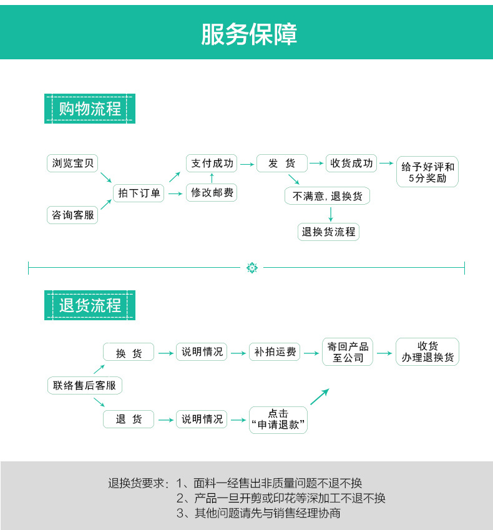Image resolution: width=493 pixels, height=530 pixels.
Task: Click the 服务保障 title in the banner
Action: click(x=249, y=34)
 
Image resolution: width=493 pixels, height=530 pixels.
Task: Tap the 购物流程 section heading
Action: click(x=90, y=109)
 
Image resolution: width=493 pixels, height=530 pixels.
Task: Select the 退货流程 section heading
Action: click(x=90, y=305)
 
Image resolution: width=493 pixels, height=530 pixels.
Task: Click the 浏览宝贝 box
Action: click(x=73, y=164)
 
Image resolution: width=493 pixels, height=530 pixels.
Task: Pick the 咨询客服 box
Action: click(x=73, y=215)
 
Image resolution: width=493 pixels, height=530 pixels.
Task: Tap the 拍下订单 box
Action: click(x=139, y=194)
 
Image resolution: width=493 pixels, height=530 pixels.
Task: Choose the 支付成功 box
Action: click(x=212, y=164)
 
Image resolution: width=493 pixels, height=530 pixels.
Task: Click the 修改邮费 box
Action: click(x=212, y=193)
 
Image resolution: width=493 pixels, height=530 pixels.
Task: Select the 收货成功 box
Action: click(x=352, y=164)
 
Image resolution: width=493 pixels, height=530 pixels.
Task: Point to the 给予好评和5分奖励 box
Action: click(x=427, y=172)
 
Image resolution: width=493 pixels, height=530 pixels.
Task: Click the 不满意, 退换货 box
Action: click(x=327, y=196)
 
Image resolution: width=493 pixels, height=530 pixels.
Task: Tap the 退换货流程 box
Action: click(x=328, y=232)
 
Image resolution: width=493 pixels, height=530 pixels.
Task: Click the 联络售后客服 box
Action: click(x=85, y=385)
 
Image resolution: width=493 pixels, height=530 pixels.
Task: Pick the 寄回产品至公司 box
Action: click(x=348, y=352)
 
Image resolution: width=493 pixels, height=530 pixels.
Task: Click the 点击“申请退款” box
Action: click(x=278, y=420)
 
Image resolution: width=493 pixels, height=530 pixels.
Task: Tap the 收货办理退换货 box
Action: click(x=427, y=351)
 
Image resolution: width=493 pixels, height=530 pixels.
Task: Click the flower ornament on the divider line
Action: click(x=252, y=268)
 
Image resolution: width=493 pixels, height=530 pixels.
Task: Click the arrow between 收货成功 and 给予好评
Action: click(x=386, y=164)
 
